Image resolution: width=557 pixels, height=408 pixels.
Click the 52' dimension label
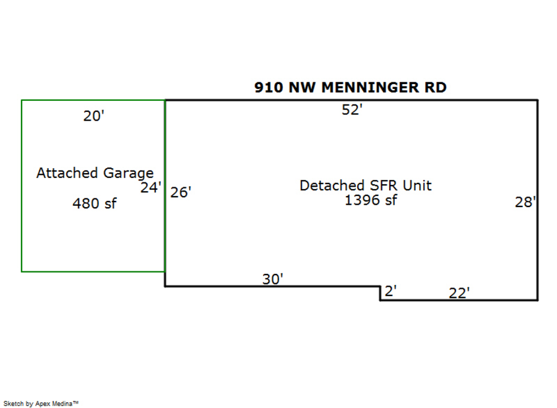(352, 110)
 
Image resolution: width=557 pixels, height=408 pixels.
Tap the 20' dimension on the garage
(93, 116)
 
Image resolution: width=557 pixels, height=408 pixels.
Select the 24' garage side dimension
(150, 188)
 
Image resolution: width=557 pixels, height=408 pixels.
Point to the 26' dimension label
(181, 192)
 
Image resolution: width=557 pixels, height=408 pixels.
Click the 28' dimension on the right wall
(525, 202)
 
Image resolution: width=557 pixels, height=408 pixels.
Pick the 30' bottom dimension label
(272, 279)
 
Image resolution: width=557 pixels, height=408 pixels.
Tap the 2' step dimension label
(390, 291)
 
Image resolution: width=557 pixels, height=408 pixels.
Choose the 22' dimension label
(459, 294)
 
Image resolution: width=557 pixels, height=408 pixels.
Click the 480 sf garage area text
(94, 203)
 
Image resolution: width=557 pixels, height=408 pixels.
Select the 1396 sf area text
(371, 200)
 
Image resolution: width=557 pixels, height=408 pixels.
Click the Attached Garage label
(95, 173)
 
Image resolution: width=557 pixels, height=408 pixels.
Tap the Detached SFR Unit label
(365, 185)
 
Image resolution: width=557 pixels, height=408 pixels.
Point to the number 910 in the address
(267, 87)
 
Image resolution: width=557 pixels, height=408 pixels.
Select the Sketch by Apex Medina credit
(41, 403)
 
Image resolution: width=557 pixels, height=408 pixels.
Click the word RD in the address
(435, 87)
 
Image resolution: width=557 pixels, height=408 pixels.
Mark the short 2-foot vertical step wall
(380, 293)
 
